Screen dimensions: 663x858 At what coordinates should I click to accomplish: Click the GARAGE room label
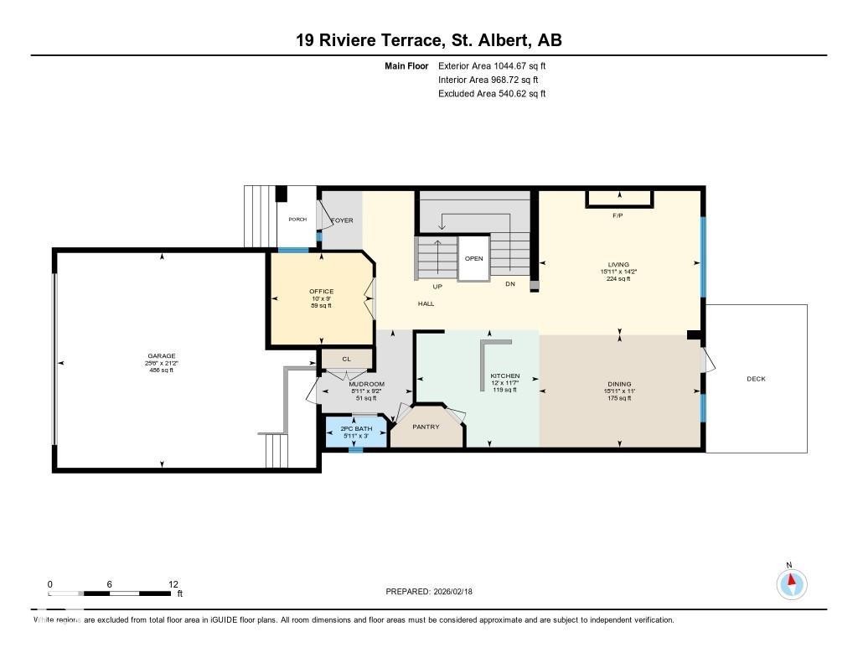(162, 355)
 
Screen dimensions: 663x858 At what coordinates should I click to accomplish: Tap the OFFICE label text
(321, 292)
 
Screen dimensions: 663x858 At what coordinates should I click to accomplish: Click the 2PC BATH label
(356, 428)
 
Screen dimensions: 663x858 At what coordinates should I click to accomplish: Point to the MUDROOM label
(366, 384)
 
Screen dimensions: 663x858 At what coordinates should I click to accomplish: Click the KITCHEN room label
(505, 376)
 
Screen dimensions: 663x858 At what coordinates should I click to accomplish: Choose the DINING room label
(619, 384)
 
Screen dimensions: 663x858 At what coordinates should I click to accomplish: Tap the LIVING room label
(619, 265)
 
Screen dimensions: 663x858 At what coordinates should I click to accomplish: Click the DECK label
(756, 379)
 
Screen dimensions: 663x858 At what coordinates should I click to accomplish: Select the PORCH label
(297, 220)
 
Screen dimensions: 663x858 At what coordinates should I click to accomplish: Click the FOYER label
(342, 220)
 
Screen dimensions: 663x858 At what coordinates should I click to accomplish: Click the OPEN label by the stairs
(473, 259)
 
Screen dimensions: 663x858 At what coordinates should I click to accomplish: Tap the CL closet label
(346, 359)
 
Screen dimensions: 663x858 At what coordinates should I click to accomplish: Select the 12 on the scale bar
(173, 584)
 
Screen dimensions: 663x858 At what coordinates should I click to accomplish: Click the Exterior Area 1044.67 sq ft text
(492, 65)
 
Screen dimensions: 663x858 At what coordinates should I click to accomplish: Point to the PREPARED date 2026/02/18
(434, 591)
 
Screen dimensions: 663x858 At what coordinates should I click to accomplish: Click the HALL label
(426, 303)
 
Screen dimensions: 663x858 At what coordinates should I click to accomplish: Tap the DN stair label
(509, 284)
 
